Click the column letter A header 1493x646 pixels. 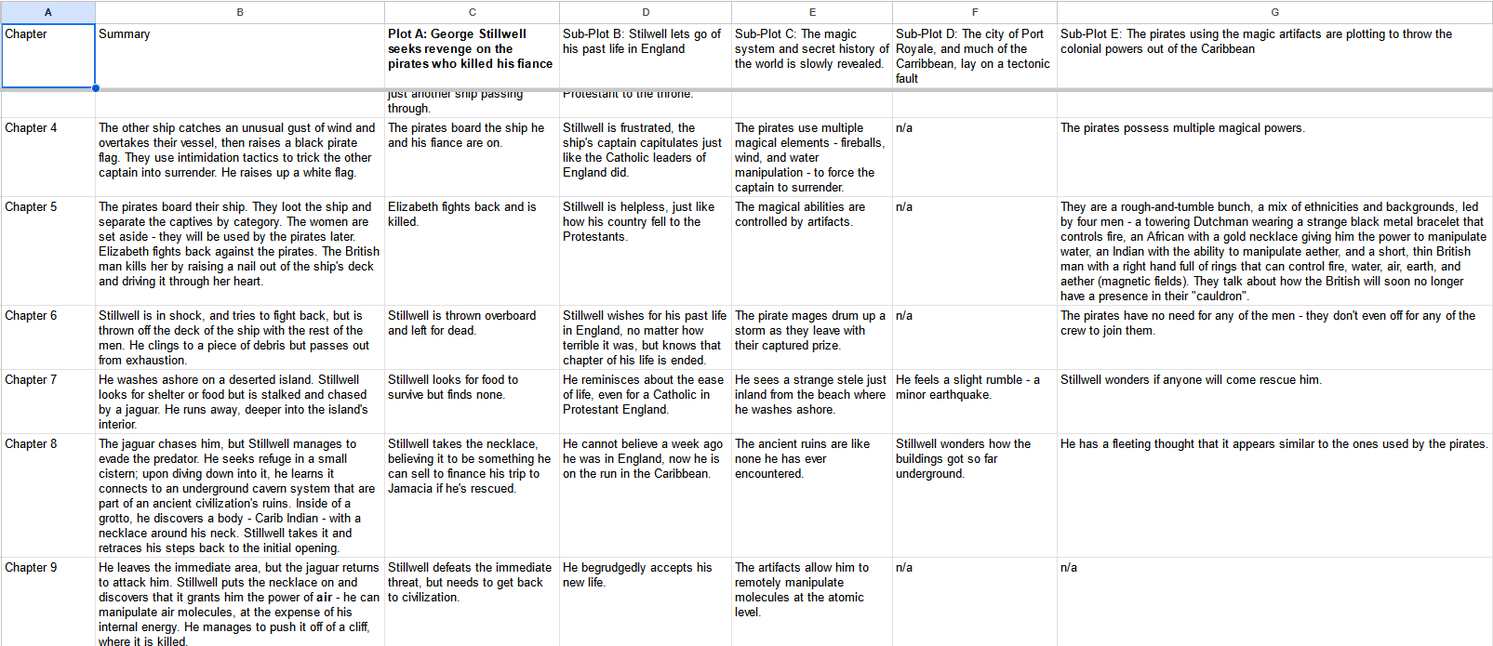click(x=47, y=12)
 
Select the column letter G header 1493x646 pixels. click(x=1274, y=12)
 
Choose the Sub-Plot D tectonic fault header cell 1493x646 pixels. click(x=973, y=57)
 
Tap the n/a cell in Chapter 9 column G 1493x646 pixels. click(x=1069, y=568)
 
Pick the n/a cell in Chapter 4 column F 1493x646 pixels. click(x=904, y=128)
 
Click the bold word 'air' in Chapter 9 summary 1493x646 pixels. click(x=324, y=598)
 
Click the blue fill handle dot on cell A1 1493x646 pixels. click(x=95, y=88)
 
